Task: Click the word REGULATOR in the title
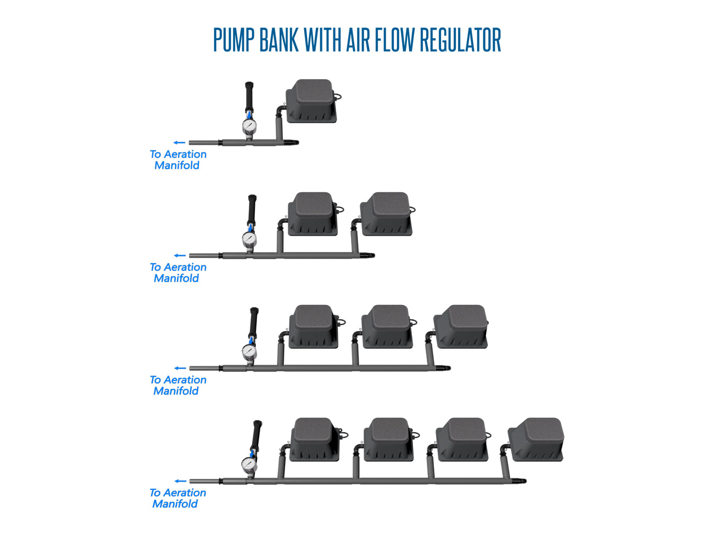tap(460, 40)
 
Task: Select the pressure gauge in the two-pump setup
tap(249, 239)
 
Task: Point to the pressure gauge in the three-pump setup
tap(249, 352)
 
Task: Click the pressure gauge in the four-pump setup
tap(249, 465)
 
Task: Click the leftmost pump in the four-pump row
tap(315, 440)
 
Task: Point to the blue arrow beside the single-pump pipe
tap(180, 143)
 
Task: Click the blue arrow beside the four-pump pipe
tap(180, 482)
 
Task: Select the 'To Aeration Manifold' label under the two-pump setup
tap(178, 273)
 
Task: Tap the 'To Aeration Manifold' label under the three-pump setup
tap(178, 386)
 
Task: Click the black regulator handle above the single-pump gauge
tap(249, 97)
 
